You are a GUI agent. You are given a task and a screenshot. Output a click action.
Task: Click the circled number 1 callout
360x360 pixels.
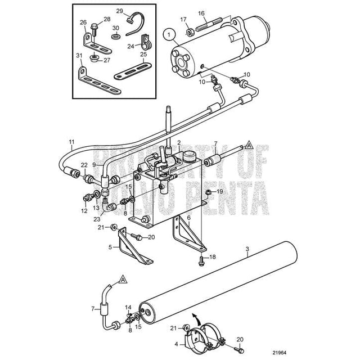click(x=169, y=35)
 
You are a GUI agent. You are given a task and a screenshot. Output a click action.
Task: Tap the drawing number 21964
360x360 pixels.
click(x=279, y=353)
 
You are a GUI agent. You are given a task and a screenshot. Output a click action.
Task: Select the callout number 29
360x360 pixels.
click(x=119, y=11)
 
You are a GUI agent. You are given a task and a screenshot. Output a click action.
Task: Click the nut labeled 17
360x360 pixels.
click(x=190, y=32)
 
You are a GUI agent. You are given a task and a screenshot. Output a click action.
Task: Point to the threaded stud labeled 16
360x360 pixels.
click(x=209, y=24)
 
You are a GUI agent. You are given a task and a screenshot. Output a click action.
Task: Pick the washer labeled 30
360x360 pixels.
click(x=116, y=37)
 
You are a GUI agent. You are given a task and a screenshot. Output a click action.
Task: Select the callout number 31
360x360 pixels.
click(x=79, y=56)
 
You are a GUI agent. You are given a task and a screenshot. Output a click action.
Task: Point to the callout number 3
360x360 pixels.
click(x=247, y=249)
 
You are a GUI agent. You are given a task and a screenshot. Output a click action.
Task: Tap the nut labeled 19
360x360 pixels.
click(x=208, y=192)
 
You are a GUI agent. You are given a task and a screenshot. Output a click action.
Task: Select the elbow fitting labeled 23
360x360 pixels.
click(x=109, y=206)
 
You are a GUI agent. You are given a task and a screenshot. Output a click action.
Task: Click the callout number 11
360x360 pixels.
click(x=72, y=142)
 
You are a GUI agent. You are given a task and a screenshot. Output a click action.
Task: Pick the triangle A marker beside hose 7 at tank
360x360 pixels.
click(x=249, y=146)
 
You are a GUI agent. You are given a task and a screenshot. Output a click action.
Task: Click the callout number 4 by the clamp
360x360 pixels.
click(x=176, y=344)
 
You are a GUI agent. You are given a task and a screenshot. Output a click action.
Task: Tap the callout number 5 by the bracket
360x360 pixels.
click(x=110, y=247)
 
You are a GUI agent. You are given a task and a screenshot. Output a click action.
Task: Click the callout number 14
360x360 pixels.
click(x=128, y=307)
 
